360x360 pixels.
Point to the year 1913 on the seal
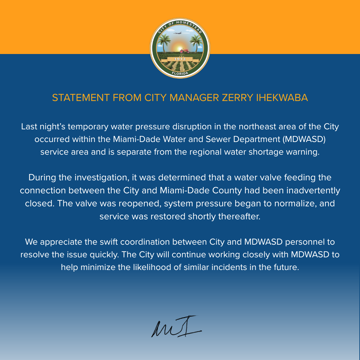pos(180,59)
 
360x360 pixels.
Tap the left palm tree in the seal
pos(164,43)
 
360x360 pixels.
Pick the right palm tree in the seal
pos(196,43)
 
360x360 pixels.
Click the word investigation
pos(102,178)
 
